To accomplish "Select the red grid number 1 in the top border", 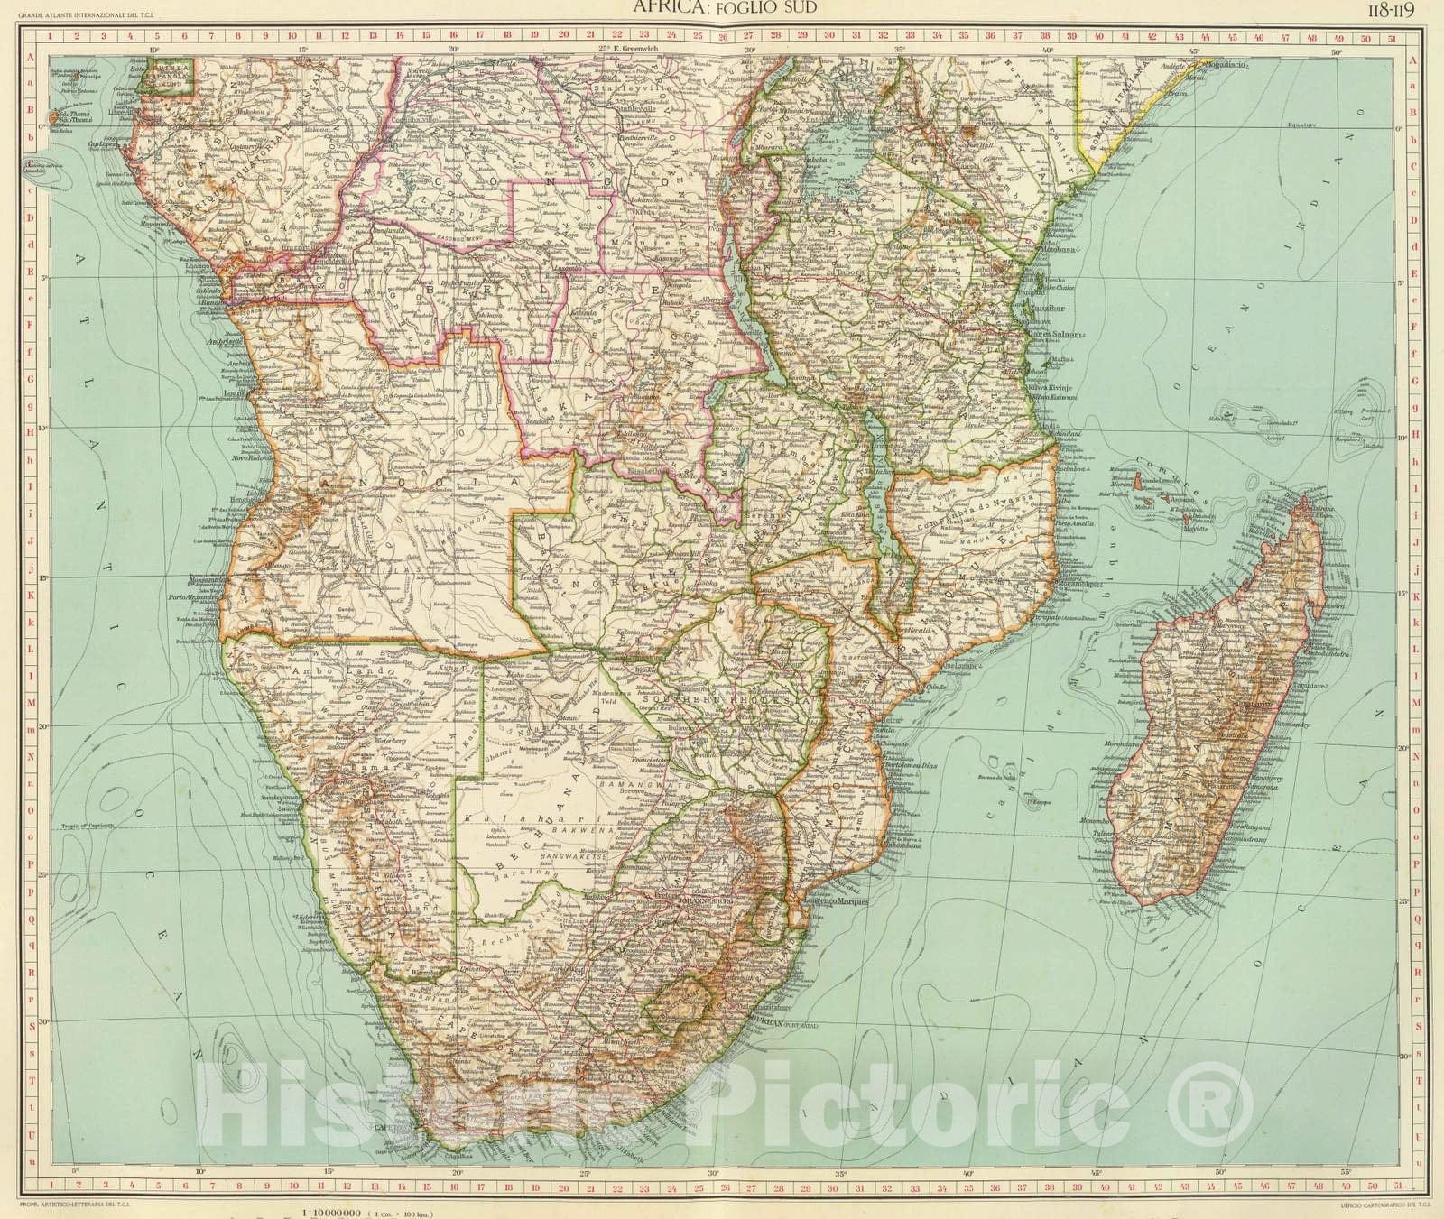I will (51, 38).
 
